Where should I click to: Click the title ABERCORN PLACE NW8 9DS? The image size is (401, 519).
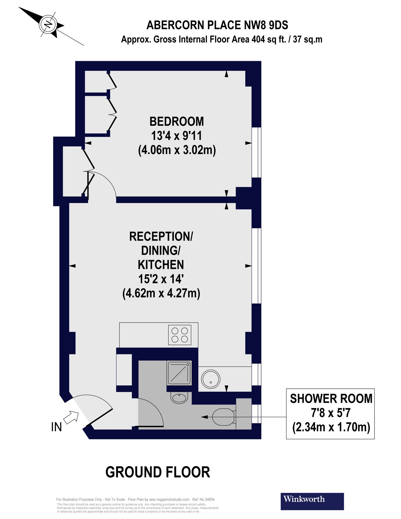click(217, 25)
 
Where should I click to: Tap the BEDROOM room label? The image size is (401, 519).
click(176, 121)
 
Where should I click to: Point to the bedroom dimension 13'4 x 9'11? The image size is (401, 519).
click(176, 136)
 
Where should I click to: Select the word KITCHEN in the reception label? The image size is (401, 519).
click(161, 265)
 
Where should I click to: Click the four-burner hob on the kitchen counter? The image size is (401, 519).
click(180, 335)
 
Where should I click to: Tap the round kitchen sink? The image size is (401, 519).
click(210, 379)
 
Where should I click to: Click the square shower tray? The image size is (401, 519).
click(179, 373)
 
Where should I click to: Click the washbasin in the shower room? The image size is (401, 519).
click(179, 398)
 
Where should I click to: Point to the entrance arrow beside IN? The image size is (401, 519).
click(71, 418)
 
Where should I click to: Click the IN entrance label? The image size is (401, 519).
click(57, 427)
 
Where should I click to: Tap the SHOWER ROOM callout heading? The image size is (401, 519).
click(331, 399)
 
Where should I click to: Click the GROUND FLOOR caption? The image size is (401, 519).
click(158, 472)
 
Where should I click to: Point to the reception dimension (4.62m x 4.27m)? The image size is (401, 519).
click(161, 293)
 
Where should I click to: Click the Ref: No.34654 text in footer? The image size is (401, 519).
click(203, 499)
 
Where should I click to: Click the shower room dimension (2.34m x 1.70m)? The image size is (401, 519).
click(331, 427)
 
